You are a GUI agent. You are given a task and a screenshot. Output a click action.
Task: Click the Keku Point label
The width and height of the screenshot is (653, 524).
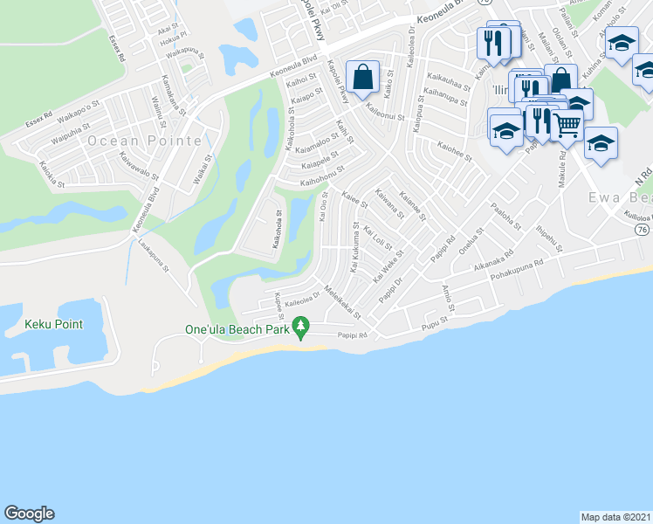53,325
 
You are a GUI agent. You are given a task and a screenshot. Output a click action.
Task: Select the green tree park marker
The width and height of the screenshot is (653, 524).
301,328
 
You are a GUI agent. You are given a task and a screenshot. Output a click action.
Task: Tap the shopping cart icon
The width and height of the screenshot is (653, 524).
567,126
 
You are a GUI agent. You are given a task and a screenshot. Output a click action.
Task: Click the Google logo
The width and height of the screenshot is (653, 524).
29,514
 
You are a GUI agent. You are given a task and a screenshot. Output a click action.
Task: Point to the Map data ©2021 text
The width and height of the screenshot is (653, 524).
615,516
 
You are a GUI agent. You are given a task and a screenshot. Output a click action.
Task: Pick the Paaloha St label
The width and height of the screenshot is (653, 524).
505,217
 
